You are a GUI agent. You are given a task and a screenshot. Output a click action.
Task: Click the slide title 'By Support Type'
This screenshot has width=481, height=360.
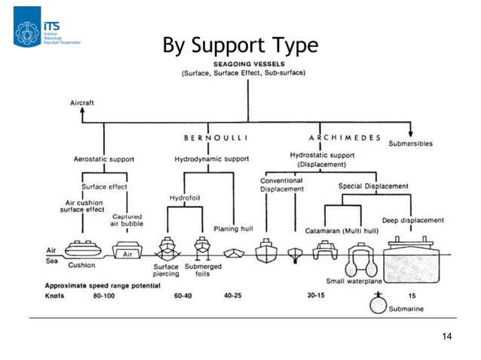[240, 46]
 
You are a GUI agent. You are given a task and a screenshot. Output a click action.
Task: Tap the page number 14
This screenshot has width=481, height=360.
[446, 335]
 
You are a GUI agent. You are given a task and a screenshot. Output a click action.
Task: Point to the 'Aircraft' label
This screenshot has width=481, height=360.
[82, 101]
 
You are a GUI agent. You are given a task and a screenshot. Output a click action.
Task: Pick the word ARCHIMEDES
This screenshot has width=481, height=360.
[343, 138]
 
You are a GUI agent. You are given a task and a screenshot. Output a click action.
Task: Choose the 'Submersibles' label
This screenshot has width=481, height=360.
[411, 143]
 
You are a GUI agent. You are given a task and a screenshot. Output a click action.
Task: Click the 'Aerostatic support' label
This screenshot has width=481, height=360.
[104, 160]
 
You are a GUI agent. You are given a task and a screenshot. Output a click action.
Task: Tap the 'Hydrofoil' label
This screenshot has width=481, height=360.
[184, 198]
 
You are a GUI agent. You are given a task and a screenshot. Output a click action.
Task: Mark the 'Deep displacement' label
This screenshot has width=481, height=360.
[412, 220]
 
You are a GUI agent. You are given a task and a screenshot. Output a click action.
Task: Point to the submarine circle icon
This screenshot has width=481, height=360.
[378, 305]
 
